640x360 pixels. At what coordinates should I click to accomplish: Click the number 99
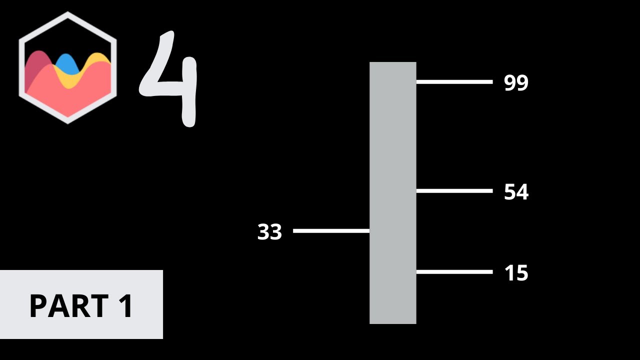coord(516,83)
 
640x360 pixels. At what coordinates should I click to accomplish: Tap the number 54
coord(516,192)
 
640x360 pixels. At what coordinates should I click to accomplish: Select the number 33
coord(269,232)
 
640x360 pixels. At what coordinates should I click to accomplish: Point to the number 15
coord(516,273)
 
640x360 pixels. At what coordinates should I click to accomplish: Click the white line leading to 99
coord(454,82)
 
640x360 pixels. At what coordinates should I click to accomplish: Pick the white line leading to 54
coord(454,190)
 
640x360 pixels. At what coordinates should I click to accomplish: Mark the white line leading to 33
coord(331,230)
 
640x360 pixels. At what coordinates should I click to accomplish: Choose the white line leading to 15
coord(454,272)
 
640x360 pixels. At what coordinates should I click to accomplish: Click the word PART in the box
coord(68,306)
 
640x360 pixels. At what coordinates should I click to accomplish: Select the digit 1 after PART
coord(125,306)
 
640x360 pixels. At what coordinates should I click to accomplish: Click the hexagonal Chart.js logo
coord(67,67)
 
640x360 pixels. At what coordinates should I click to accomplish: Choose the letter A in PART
coord(57,306)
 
